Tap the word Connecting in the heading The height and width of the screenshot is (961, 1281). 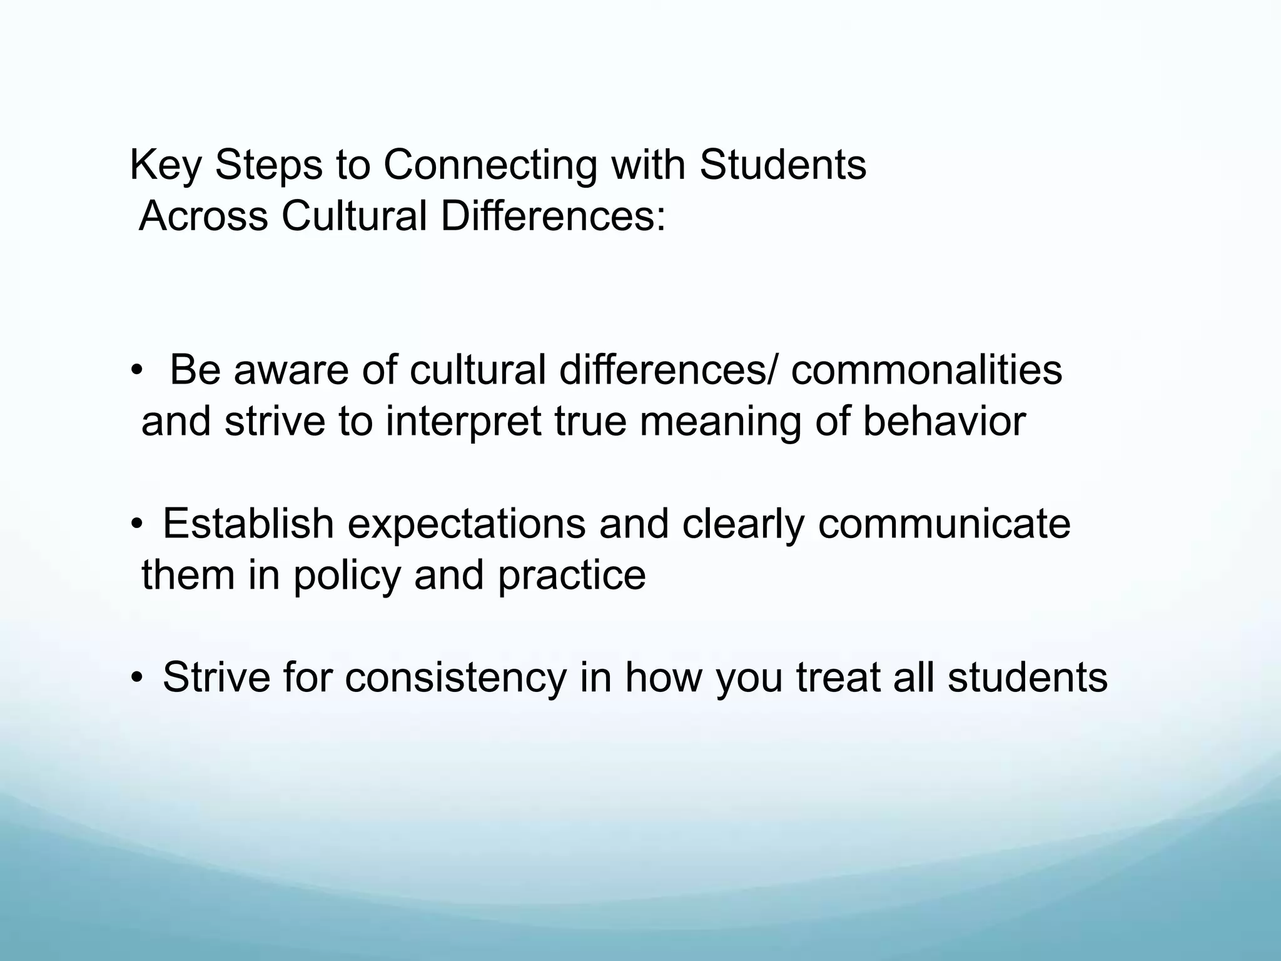490,166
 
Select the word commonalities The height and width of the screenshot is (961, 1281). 926,370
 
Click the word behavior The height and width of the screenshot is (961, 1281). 944,421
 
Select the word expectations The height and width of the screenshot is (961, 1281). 466,524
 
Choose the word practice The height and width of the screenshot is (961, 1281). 572,575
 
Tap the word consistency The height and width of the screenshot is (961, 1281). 455,678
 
